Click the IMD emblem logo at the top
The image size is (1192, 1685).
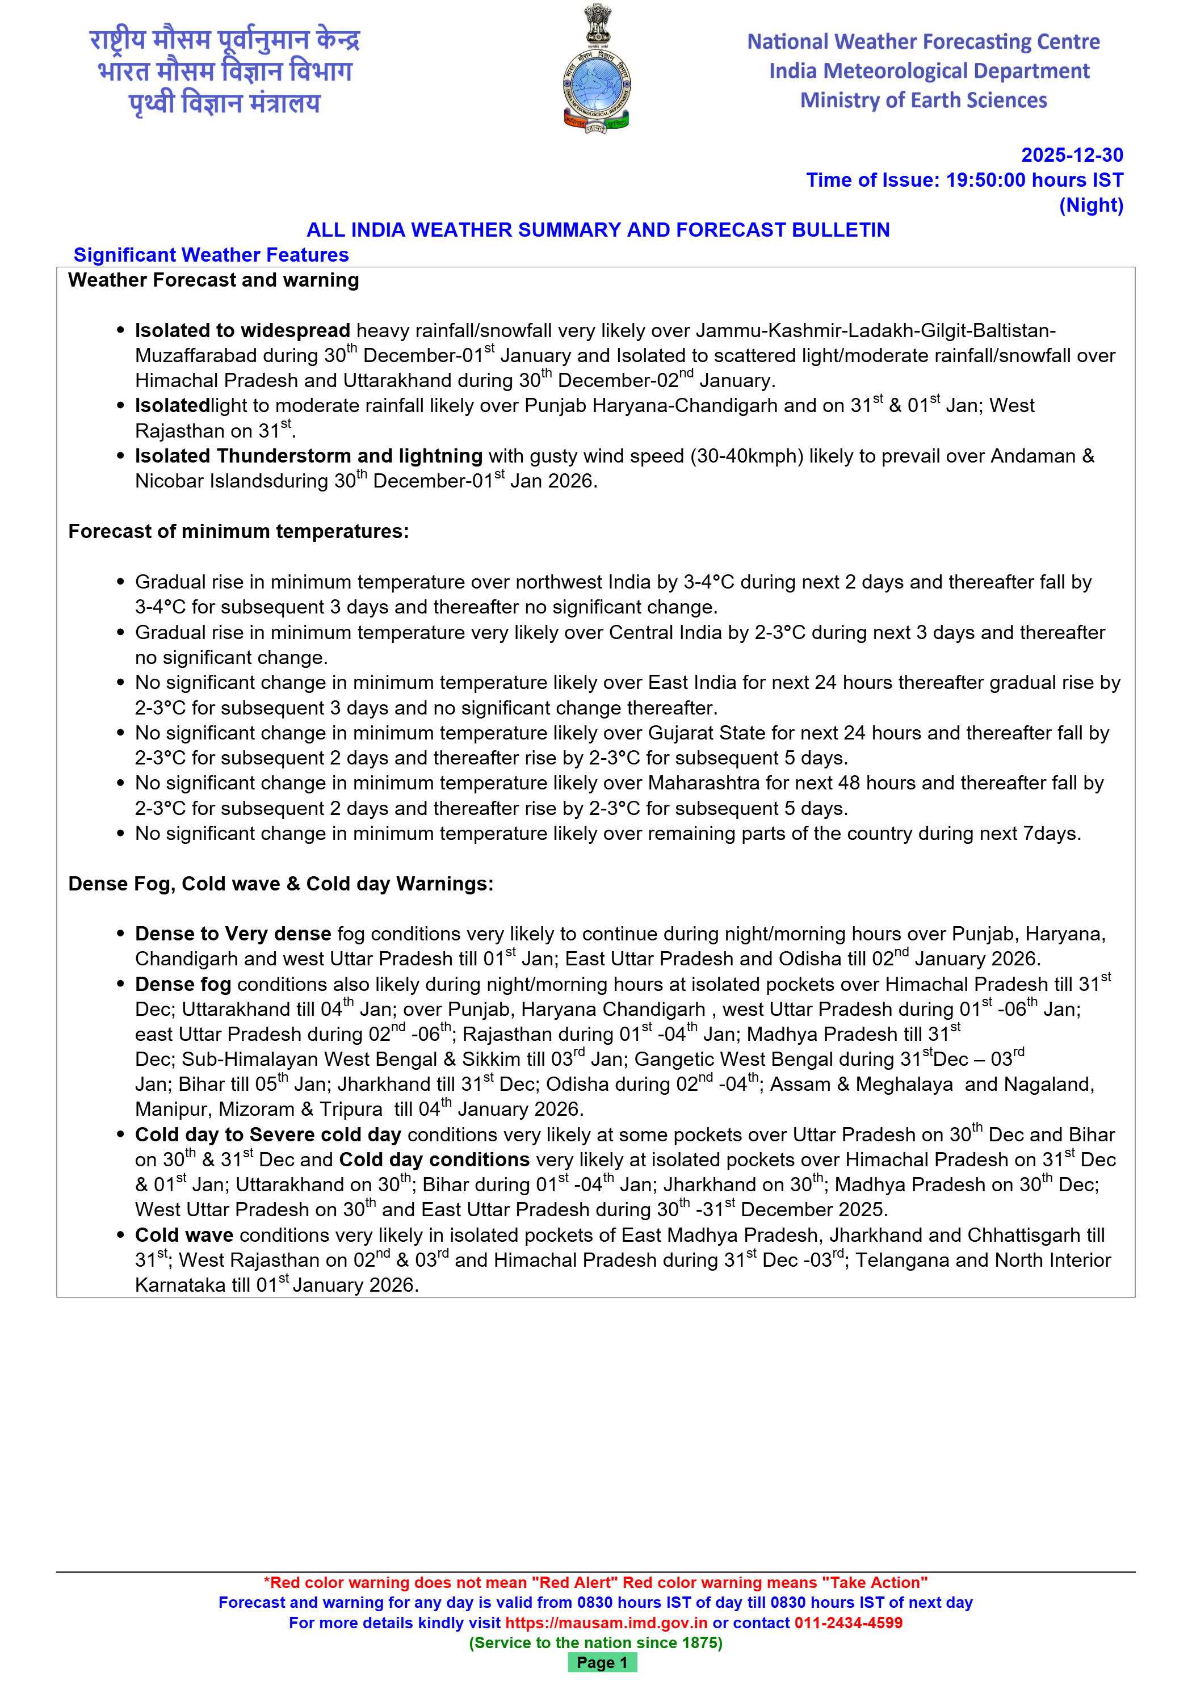(597, 69)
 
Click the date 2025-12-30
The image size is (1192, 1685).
(1072, 155)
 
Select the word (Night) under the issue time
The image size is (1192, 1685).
(1091, 205)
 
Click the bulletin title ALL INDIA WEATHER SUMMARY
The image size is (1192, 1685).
(598, 230)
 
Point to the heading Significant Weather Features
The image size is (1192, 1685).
(211, 255)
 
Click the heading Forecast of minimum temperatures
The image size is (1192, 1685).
(238, 531)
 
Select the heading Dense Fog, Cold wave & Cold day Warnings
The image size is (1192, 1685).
(280, 884)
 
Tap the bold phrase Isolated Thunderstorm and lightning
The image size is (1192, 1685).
(308, 456)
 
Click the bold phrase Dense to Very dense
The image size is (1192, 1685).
(233, 934)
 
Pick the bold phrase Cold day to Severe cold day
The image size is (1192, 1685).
(268, 1134)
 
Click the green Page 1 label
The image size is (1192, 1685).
(602, 1662)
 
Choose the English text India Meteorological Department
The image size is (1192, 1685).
(929, 71)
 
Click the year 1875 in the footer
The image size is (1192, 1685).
(700, 1642)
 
